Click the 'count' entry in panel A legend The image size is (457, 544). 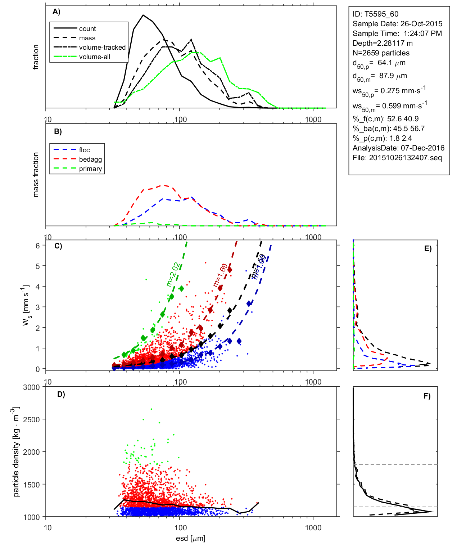tap(87, 29)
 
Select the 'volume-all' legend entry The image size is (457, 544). tap(94, 57)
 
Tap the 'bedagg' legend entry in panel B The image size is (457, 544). tap(90, 159)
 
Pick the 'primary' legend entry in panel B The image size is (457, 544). tap(90, 169)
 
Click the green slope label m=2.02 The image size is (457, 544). tap(173, 274)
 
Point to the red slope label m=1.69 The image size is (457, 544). tap(220, 275)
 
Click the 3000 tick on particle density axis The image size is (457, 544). tap(31, 387)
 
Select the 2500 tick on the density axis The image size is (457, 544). tap(31, 419)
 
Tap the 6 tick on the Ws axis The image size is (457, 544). tap(37, 246)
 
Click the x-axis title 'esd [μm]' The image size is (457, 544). tap(190, 539)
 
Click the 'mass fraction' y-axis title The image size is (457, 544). tap(36, 175)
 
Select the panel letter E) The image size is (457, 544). tap(428, 248)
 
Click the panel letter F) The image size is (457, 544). tap(427, 396)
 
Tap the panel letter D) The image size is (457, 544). tap(61, 394)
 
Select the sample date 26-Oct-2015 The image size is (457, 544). tap(421, 24)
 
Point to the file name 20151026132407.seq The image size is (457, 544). tap(405, 158)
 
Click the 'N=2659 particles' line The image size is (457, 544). tap(381, 53)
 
